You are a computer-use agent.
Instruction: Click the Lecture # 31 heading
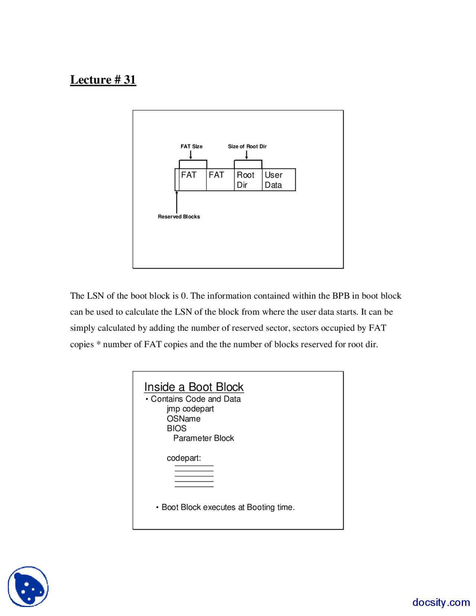[103, 80]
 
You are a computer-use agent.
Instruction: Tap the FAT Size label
[192, 146]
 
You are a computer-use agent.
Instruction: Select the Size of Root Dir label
[247, 146]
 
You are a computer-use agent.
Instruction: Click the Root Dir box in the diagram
[248, 180]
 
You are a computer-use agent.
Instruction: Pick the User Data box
[278, 180]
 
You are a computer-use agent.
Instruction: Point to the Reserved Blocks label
[179, 216]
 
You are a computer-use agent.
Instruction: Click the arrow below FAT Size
[191, 155]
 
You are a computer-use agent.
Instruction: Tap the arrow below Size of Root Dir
[246, 155]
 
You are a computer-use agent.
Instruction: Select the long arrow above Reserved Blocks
[177, 202]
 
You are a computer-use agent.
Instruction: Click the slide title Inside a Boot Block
[194, 387]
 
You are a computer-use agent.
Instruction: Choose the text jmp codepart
[190, 409]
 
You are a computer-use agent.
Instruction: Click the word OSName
[183, 418]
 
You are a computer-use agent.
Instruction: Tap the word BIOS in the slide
[176, 428]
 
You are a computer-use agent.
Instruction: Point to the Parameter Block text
[203, 438]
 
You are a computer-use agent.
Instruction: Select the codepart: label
[184, 458]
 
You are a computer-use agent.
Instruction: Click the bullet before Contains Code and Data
[147, 399]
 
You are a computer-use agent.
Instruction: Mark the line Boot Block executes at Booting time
[228, 507]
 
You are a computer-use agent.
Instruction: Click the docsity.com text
[441, 602]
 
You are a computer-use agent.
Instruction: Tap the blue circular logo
[28, 587]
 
